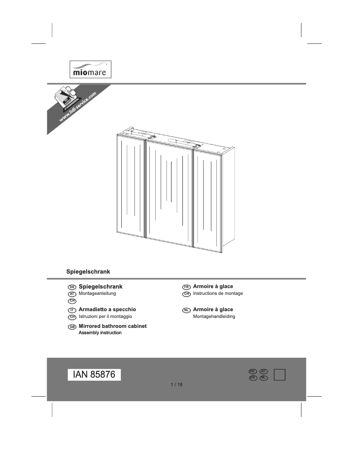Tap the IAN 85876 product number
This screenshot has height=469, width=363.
[x=94, y=375]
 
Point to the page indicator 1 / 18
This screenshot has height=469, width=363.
[x=177, y=385]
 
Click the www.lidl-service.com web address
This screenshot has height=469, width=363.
[x=77, y=107]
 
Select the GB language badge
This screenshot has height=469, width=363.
[x=72, y=327]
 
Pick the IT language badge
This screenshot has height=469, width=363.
[x=72, y=310]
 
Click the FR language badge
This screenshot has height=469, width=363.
[x=186, y=287]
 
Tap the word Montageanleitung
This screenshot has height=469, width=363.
[x=98, y=294]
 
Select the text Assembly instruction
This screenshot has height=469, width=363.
[x=100, y=333]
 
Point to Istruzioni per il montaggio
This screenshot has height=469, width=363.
[x=105, y=317]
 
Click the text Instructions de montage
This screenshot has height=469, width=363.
[x=218, y=294]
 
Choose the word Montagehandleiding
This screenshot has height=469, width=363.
[x=214, y=317]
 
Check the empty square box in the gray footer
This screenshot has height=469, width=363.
[x=280, y=375]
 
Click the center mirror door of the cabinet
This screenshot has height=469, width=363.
[x=169, y=190]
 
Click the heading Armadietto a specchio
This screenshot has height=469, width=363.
[x=107, y=309]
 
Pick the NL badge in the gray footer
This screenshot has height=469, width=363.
[x=264, y=378]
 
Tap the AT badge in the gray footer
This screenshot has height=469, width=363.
[x=264, y=371]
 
